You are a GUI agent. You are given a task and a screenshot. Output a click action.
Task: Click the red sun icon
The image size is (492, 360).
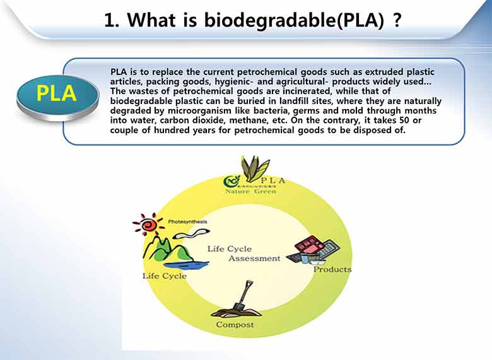tap(147, 224)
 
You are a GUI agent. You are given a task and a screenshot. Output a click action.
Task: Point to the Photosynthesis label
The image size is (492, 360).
tap(187, 222)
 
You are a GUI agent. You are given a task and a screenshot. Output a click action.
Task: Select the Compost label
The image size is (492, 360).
tap(235, 325)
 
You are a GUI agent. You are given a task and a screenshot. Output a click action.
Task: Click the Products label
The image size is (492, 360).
tap(332, 270)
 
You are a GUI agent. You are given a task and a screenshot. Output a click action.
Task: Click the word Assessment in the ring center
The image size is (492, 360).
tap(254, 258)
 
